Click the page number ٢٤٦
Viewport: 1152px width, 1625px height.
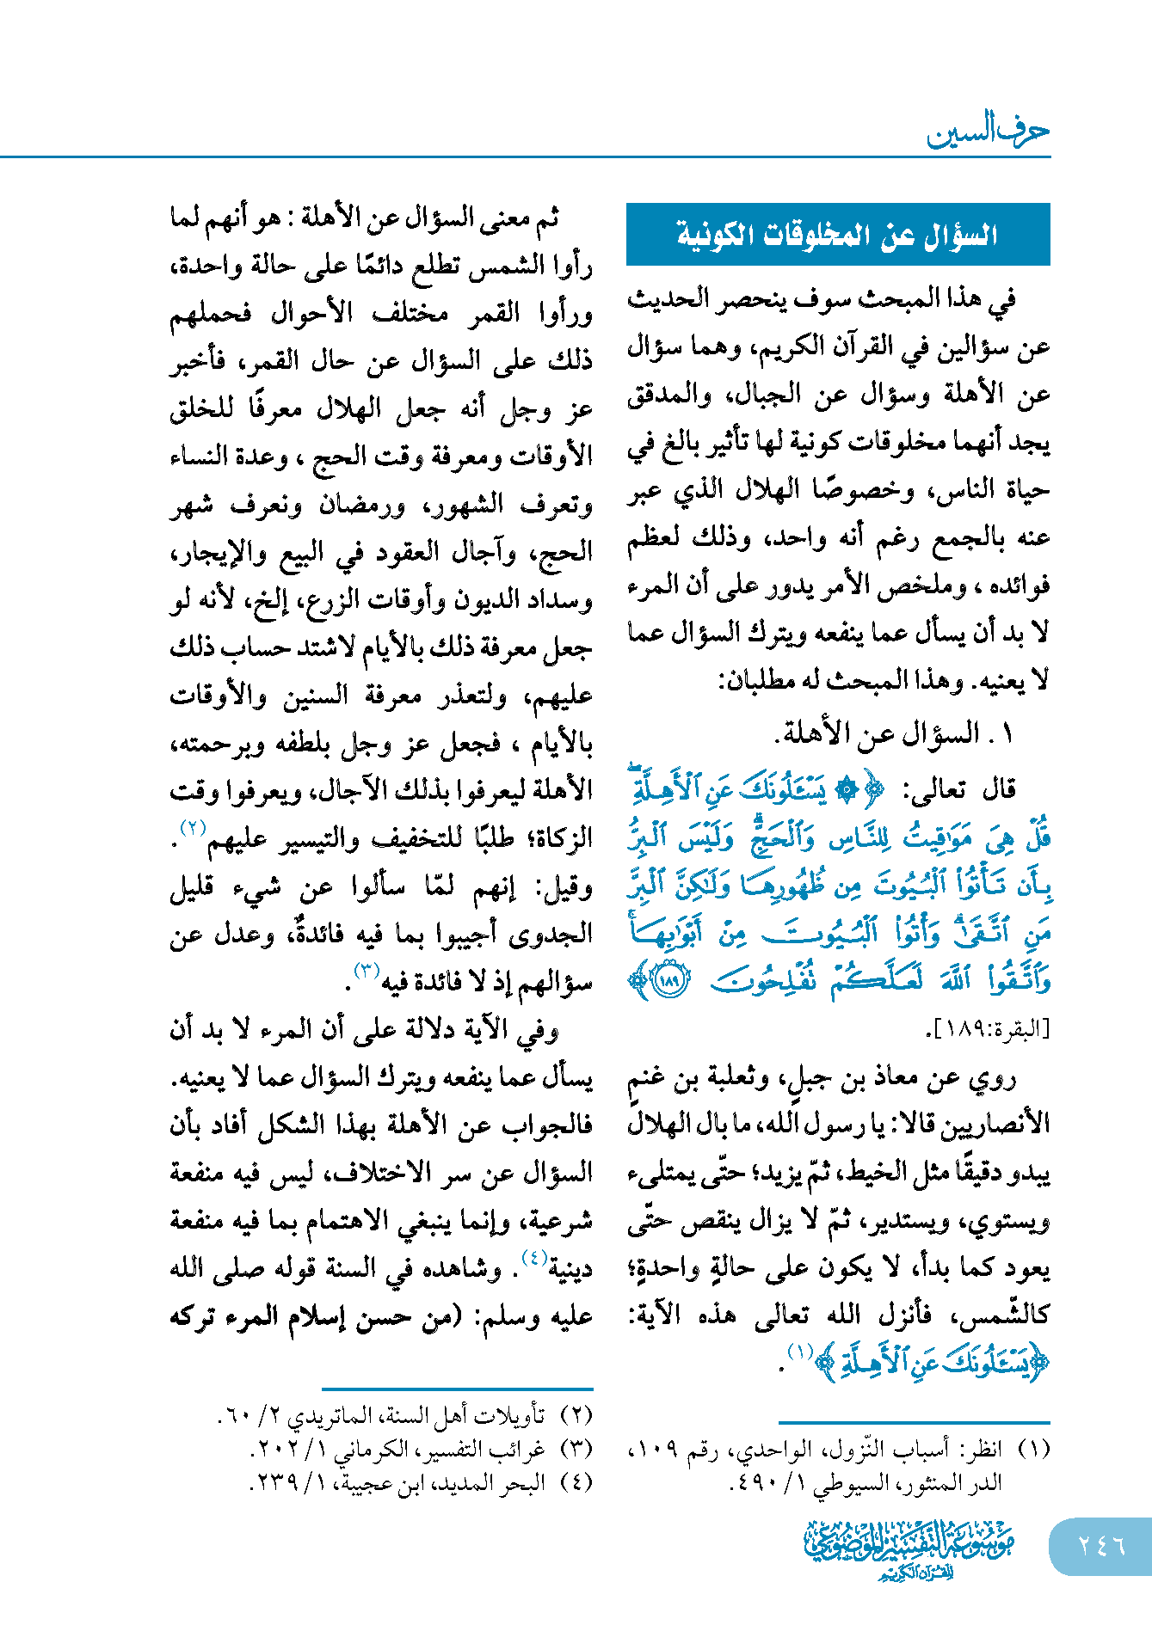[x=1101, y=1545]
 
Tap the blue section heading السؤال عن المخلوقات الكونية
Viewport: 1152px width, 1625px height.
[x=837, y=235]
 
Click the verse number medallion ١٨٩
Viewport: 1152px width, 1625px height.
[x=671, y=980]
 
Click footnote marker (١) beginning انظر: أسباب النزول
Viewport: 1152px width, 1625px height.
[x=1033, y=1450]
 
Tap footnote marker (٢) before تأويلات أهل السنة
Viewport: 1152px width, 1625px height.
[x=576, y=1414]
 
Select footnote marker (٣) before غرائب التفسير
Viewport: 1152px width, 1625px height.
[x=576, y=1449]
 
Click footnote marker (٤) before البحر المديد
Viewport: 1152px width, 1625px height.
[x=576, y=1482]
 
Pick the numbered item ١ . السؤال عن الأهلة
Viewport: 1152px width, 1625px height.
[x=895, y=733]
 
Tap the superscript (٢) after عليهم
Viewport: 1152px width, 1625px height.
[x=190, y=828]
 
